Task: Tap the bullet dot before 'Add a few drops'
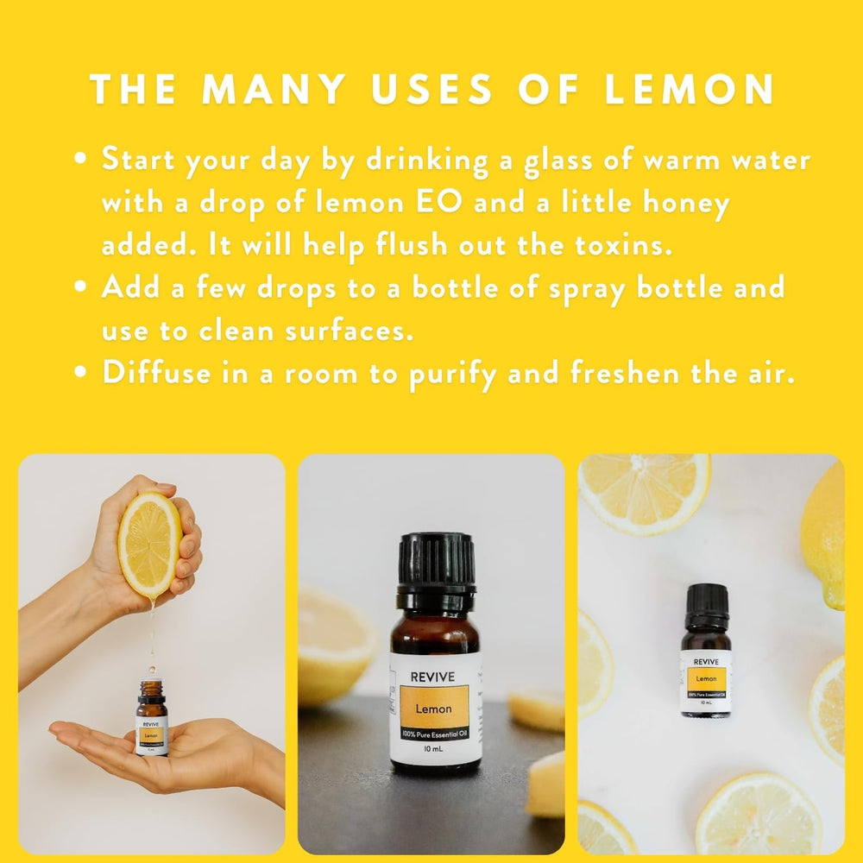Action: pyautogui.click(x=80, y=287)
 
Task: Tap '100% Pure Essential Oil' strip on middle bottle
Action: pyautogui.click(x=435, y=736)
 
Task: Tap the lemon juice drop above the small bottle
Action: pyautogui.click(x=151, y=669)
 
